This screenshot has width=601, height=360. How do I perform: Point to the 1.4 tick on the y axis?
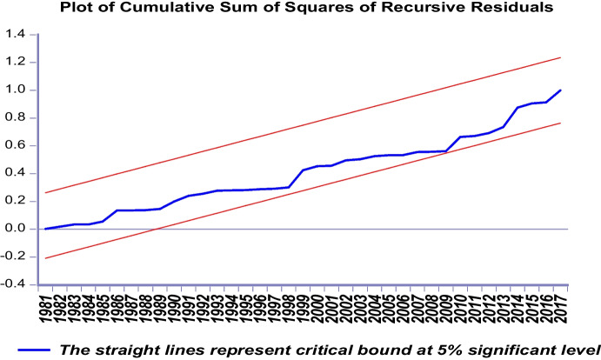click(17, 35)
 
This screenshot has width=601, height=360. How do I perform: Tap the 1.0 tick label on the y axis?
click(17, 90)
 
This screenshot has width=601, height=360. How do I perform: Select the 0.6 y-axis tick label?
click(17, 146)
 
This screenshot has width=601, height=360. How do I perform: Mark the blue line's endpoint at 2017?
click(561, 90)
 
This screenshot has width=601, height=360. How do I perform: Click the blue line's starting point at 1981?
click(45, 229)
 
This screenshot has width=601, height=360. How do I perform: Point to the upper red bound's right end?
click(561, 57)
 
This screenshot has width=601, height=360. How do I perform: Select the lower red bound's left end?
click(45, 258)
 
